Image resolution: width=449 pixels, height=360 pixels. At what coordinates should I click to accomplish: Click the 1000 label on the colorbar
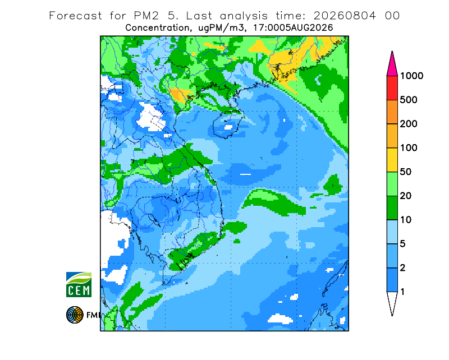click(411, 76)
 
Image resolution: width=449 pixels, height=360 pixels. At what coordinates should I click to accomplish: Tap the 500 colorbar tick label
click(409, 100)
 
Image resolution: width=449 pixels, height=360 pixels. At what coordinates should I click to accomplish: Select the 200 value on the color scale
click(409, 124)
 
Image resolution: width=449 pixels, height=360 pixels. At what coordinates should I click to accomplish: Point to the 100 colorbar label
click(409, 148)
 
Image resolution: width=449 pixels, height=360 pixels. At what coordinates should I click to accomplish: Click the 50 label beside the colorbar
click(406, 172)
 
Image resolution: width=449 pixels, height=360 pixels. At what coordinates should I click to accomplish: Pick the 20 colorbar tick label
click(406, 196)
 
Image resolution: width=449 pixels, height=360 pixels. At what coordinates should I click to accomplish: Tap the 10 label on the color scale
click(406, 220)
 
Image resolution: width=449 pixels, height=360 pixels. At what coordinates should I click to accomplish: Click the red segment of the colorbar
click(392, 88)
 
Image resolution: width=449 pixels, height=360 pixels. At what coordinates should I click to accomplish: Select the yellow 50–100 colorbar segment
click(392, 160)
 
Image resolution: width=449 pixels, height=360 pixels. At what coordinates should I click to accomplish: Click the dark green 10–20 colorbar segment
click(392, 208)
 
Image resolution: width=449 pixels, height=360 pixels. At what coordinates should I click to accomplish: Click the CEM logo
click(79, 284)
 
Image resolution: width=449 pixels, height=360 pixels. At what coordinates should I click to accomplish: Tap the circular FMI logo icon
click(75, 315)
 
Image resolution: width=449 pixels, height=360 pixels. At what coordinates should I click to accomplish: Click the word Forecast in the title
click(75, 16)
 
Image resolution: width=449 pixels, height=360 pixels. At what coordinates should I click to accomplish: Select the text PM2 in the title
click(146, 16)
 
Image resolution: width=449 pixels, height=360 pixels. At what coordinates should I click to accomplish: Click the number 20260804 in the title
click(345, 16)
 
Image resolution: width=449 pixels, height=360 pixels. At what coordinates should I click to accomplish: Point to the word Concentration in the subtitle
click(157, 28)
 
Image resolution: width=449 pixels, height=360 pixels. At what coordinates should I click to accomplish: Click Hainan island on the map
click(228, 124)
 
